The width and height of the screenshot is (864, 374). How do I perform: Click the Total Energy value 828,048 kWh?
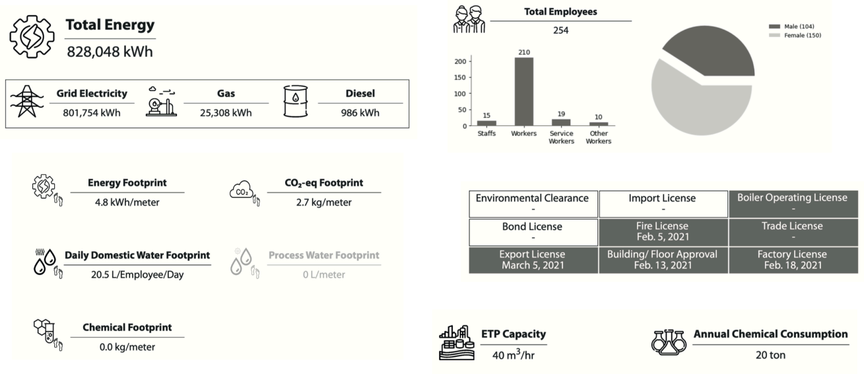pyautogui.click(x=110, y=51)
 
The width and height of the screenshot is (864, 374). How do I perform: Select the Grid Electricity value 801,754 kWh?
pyautogui.click(x=92, y=113)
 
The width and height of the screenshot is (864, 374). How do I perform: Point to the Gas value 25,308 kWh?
pyautogui.click(x=226, y=113)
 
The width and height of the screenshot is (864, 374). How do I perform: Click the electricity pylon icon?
pyautogui.click(x=26, y=101)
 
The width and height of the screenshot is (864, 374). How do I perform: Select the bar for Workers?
pyautogui.click(x=524, y=92)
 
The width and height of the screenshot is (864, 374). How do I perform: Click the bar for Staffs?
pyautogui.click(x=486, y=123)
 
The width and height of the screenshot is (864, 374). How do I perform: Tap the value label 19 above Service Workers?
pyautogui.click(x=561, y=113)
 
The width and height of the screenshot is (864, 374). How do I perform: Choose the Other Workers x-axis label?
pyautogui.click(x=599, y=137)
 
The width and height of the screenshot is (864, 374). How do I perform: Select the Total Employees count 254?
pyautogui.click(x=560, y=30)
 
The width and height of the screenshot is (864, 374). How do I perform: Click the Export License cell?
pyautogui.click(x=533, y=259)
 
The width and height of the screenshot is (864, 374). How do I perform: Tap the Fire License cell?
pyautogui.click(x=662, y=232)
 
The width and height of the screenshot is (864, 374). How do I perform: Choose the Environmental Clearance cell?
pyautogui.click(x=533, y=203)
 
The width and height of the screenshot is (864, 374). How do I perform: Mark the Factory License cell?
pyautogui.click(x=792, y=259)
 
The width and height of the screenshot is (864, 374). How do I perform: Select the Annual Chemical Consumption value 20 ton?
pyautogui.click(x=770, y=355)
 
